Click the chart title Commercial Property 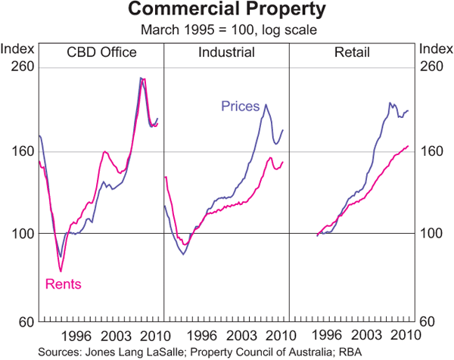click(x=227, y=11)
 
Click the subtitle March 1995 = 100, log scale click(x=227, y=29)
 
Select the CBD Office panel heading click(x=101, y=52)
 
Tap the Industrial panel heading click(x=226, y=52)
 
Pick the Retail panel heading click(x=353, y=52)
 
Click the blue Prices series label click(x=241, y=106)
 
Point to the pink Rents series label click(x=64, y=284)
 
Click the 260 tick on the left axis click(x=20, y=67)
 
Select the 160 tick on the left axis click(x=20, y=151)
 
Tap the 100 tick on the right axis click(x=432, y=234)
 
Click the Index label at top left click(x=17, y=50)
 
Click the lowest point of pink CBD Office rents click(x=61, y=271)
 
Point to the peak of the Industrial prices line click(x=266, y=104)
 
